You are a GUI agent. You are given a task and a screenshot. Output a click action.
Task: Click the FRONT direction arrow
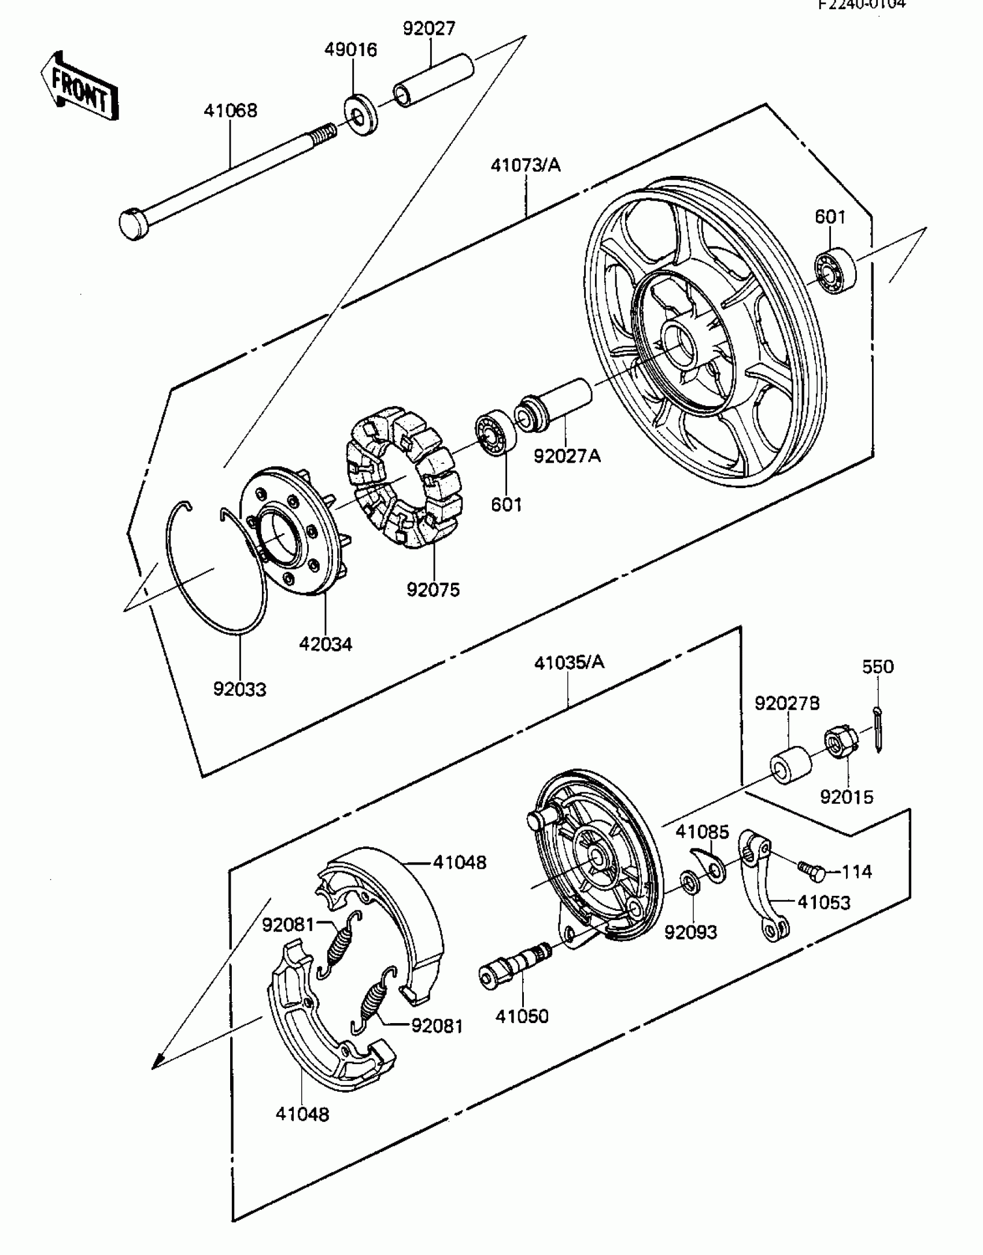tap(80, 88)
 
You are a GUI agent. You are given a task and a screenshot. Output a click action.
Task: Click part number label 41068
tap(230, 110)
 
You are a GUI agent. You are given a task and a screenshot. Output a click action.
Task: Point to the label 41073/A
tap(526, 165)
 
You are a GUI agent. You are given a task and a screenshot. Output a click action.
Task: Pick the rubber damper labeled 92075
tap(405, 477)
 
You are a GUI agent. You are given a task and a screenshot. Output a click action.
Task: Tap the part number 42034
tap(325, 644)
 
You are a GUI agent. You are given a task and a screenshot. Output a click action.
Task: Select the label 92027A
tap(567, 456)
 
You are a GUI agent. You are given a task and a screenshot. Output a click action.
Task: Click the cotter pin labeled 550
tap(879, 730)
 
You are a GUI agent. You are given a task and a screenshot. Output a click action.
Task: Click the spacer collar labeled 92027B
tap(790, 765)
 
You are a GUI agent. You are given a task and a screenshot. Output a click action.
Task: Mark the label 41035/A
tap(569, 662)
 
